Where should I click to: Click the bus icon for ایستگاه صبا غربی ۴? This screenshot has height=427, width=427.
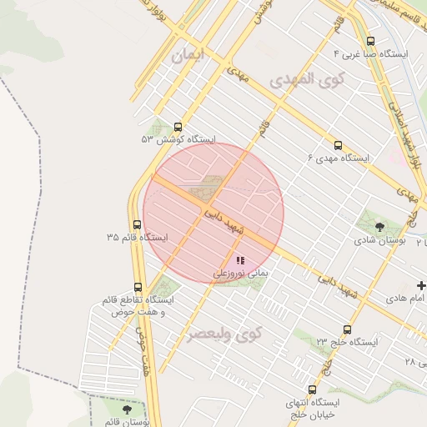click(x=370, y=41)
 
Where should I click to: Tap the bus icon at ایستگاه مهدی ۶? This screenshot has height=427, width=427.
click(x=338, y=144)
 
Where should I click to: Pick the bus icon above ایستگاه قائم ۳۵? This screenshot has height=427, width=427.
click(x=137, y=224)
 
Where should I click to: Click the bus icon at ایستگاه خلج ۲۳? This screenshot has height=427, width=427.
click(x=347, y=329)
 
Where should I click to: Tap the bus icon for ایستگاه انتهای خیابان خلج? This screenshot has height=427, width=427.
click(x=312, y=389)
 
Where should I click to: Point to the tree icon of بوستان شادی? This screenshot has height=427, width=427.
click(x=380, y=225)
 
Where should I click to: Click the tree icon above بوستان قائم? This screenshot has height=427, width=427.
click(x=127, y=409)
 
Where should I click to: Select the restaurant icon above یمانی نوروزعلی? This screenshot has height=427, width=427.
click(x=240, y=260)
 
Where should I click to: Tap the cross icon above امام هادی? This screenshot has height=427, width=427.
click(x=421, y=285)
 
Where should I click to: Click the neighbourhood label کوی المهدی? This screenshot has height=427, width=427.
click(x=301, y=80)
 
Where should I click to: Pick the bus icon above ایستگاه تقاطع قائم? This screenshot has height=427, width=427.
click(x=137, y=287)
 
